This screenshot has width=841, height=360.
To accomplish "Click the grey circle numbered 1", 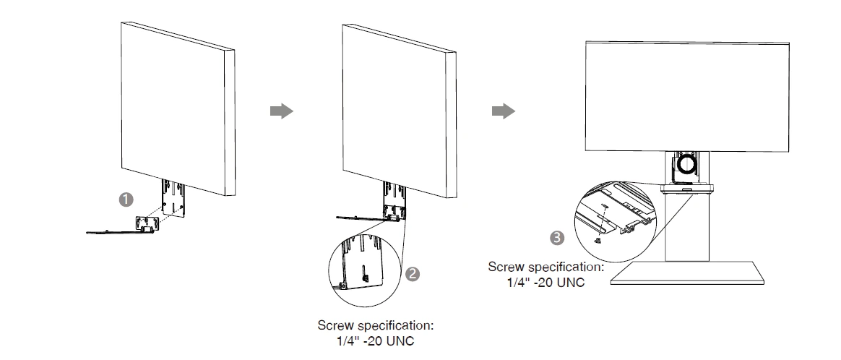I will click(x=126, y=197).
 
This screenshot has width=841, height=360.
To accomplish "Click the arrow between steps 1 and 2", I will click(x=281, y=111).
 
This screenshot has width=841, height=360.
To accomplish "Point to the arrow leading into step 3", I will click(x=503, y=111).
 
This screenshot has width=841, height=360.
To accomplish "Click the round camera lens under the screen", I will click(x=686, y=166).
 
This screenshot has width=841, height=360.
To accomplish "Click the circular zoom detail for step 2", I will click(x=368, y=261).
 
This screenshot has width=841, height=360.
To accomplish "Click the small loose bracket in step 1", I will click(x=146, y=224).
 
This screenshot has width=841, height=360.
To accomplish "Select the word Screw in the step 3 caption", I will click(x=505, y=267).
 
